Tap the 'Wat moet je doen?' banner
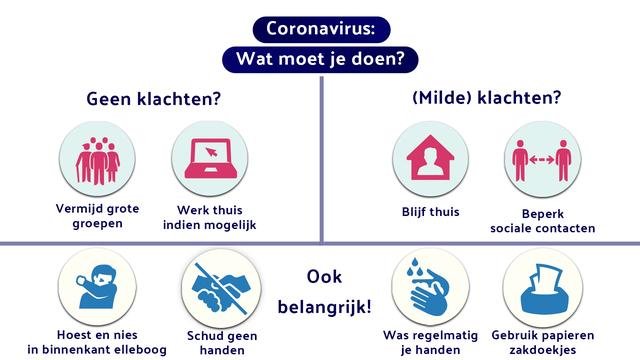tap(320, 59)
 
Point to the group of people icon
tap(98, 160)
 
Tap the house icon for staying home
tap(430, 160)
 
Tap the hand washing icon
tap(430, 284)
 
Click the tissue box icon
tap(543, 284)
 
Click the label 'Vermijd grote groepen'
tap(98, 217)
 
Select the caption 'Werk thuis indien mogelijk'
tap(209, 217)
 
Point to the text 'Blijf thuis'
tap(430, 211)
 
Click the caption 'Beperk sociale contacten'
tap(543, 220)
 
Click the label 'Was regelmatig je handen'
tap(430, 342)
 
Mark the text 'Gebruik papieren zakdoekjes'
tap(543, 342)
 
